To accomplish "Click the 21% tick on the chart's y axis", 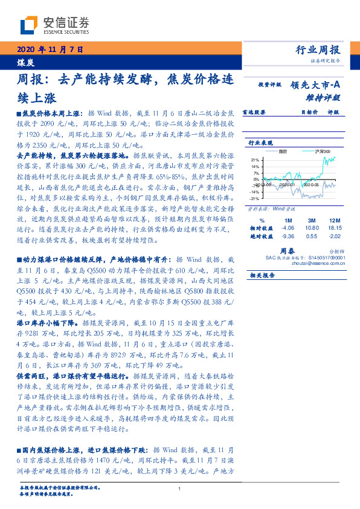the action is pyautogui.click(x=256, y=160).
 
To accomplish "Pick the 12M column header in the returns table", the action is pyautogui.click(x=334, y=219).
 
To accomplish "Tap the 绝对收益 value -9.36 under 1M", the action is pyautogui.click(x=288, y=236).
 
